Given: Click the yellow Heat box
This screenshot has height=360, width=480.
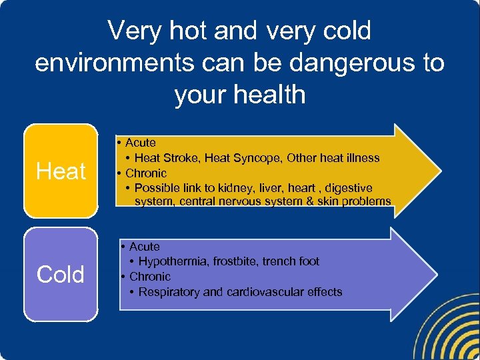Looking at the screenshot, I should click(x=61, y=171).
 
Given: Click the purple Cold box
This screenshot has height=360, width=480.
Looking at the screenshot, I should click(x=61, y=274).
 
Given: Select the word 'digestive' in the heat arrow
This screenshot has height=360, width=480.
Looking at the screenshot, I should click(x=349, y=188).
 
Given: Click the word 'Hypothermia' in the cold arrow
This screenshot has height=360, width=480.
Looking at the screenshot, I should click(x=173, y=261).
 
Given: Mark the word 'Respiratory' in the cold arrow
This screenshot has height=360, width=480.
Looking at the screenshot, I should click(x=169, y=292).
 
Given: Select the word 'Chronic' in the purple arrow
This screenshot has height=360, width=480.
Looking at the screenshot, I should click(x=150, y=277).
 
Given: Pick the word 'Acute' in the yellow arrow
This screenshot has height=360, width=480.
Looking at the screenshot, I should click(x=140, y=143).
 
